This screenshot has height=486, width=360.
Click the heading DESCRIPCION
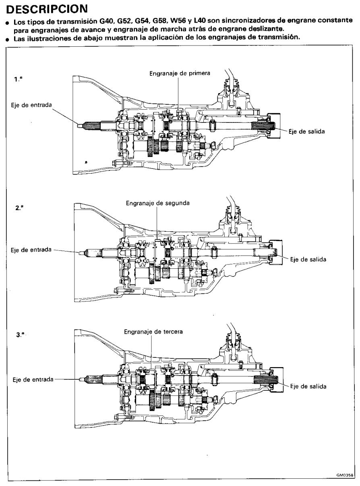[47, 9]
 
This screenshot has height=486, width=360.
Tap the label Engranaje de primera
[180, 73]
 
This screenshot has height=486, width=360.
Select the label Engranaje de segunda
[158, 203]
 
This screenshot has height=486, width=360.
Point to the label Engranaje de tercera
[153, 332]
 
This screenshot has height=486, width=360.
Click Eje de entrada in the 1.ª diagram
[31, 105]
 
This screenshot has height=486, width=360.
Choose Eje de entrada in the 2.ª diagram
[31, 250]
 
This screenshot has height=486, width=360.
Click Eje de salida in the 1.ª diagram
[306, 131]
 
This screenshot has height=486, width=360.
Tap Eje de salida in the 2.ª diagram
[308, 260]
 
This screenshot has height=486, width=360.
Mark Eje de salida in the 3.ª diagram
[308, 386]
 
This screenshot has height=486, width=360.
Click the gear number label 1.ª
[19, 79]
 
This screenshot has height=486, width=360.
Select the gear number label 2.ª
[19, 208]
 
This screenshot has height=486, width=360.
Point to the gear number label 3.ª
[20, 335]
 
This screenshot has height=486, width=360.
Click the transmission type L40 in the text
[199, 21]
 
